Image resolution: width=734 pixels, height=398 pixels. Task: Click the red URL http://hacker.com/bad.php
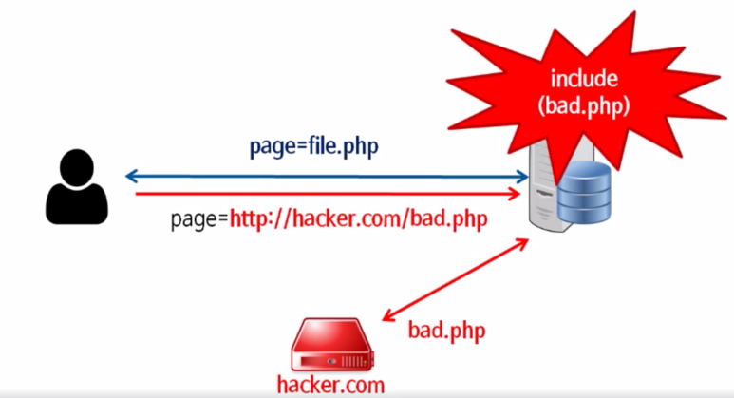coord(358,220)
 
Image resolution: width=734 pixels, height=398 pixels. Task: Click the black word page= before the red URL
coord(199,220)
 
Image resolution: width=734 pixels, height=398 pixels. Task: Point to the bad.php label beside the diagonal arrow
coord(446,331)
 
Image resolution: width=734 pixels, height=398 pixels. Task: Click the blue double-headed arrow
coord(328,176)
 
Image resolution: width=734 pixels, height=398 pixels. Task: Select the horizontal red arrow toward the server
coord(328,194)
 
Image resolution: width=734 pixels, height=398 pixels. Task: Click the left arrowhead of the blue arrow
coord(132,176)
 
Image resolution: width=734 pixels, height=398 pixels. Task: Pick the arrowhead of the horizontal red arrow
coord(523,194)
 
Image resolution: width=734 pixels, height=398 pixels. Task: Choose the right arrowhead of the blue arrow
coord(523,176)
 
